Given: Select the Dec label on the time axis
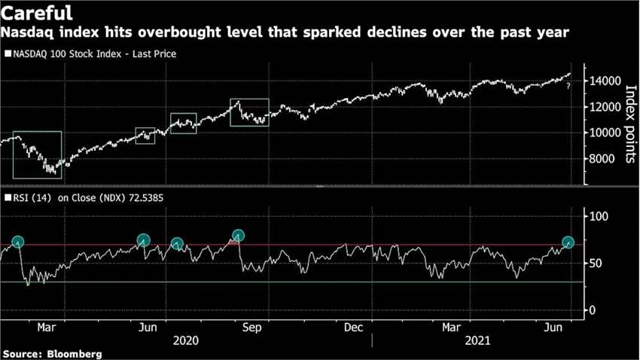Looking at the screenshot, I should pyautogui.click(x=353, y=328).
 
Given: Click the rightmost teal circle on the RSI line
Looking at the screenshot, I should pyautogui.click(x=568, y=243).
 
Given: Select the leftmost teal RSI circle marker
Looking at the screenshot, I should pyautogui.click(x=18, y=243).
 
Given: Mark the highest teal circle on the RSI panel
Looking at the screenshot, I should pyautogui.click(x=239, y=235).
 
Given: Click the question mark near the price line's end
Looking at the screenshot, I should pyautogui.click(x=568, y=87).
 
